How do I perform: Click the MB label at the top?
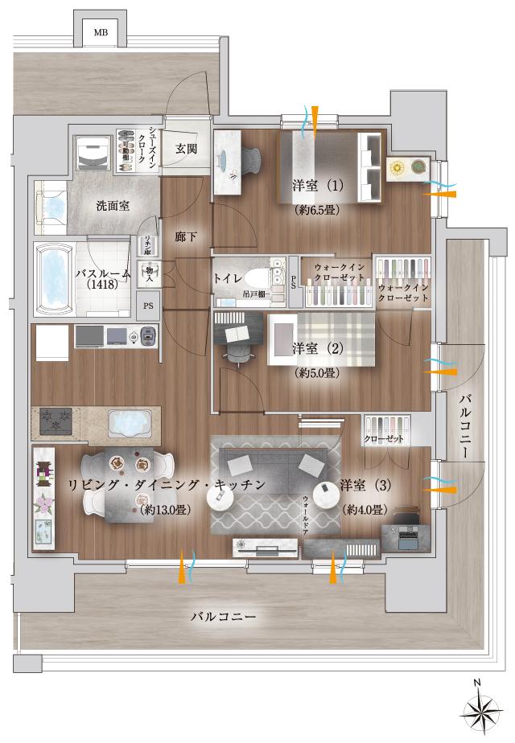(100, 33)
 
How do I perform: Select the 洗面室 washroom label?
(113, 207)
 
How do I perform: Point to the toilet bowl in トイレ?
(258, 278)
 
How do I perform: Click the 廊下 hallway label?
(186, 237)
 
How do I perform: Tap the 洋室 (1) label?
(318, 186)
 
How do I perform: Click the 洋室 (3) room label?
(366, 485)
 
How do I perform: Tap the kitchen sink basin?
(126, 421)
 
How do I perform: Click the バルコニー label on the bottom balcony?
(224, 617)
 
